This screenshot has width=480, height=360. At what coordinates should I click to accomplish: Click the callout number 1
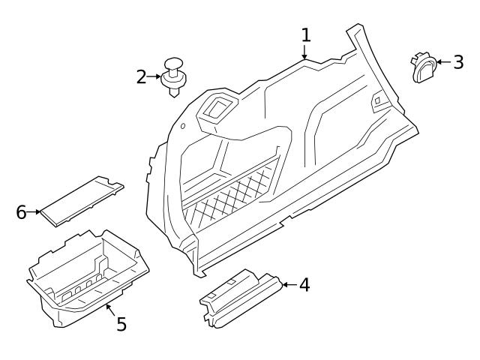(305, 34)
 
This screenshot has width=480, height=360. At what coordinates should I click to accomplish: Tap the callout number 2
(142, 76)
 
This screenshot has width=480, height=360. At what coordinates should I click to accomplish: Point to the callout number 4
(304, 285)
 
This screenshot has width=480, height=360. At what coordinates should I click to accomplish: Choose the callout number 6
(21, 212)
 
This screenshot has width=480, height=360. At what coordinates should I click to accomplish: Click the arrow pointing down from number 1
(304, 52)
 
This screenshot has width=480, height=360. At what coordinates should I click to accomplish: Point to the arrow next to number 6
(34, 212)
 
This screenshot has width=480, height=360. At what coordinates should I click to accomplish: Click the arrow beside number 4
(289, 285)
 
